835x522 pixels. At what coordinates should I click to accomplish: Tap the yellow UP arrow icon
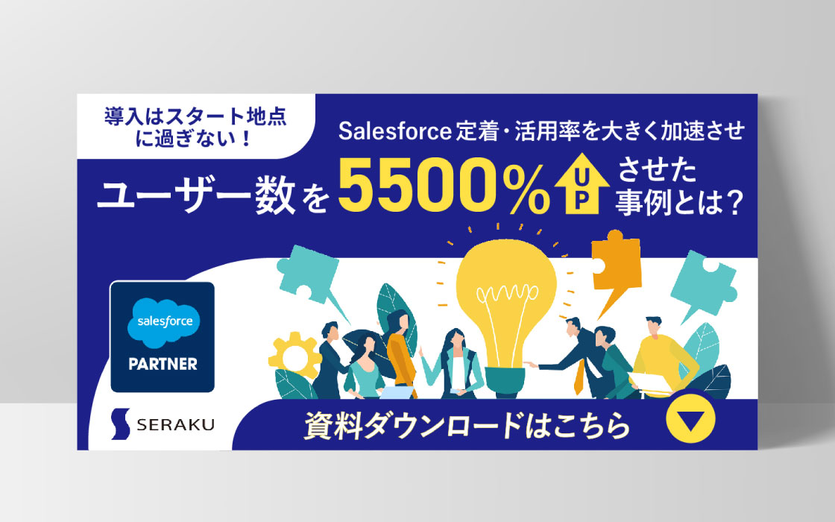pyautogui.click(x=582, y=183)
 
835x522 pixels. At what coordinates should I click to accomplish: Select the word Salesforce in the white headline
pyautogui.click(x=395, y=131)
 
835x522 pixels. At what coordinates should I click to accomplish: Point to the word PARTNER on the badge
pyautogui.click(x=163, y=365)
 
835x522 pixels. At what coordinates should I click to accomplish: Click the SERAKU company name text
pyautogui.click(x=175, y=424)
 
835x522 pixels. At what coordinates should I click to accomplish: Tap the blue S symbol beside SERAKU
pyautogui.click(x=121, y=424)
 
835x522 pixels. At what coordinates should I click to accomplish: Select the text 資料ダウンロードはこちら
pyautogui.click(x=467, y=426)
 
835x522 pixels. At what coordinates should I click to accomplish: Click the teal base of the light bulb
pyautogui.click(x=504, y=381)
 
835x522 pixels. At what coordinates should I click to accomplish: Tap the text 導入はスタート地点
pyautogui.click(x=195, y=116)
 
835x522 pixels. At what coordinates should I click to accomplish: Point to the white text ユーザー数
pyautogui.click(x=196, y=195)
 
